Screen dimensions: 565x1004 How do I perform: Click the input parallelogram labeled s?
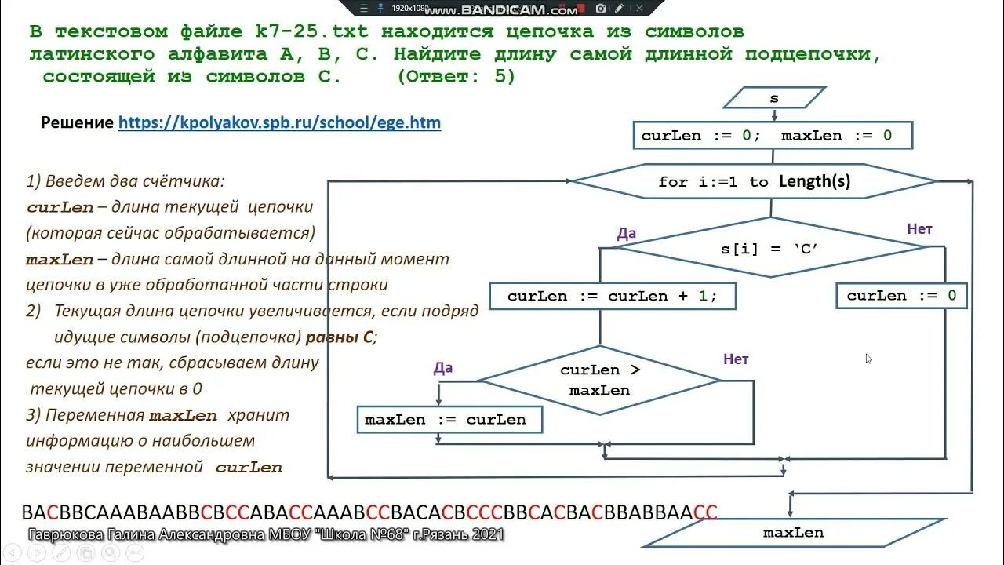[x=773, y=98]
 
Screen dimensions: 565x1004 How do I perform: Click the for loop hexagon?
[x=754, y=182]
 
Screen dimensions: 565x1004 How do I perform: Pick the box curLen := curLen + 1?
[x=612, y=296]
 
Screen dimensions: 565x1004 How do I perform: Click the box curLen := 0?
[x=901, y=296]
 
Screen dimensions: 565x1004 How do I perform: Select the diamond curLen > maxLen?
[x=599, y=381]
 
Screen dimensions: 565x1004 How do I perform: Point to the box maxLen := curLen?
[x=449, y=420]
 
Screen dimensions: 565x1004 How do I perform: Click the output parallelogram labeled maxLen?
[x=793, y=533]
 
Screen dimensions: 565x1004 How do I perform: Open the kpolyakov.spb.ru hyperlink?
[x=279, y=122]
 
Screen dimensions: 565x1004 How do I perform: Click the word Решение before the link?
[x=77, y=122]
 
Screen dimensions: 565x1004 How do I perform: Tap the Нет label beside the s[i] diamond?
[x=919, y=229]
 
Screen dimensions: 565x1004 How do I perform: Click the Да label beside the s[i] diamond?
[x=627, y=233]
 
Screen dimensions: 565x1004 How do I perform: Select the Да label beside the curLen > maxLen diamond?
[x=443, y=368]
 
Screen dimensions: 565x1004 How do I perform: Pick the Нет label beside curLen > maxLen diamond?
[x=736, y=359]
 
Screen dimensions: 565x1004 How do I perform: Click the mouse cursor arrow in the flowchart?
[x=868, y=358]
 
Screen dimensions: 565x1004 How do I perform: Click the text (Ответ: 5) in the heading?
[x=456, y=77]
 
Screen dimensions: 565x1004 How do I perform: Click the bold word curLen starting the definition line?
[x=60, y=208]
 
